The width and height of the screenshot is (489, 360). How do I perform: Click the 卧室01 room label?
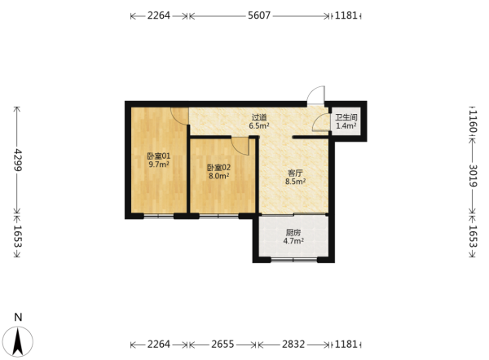(x=159, y=156)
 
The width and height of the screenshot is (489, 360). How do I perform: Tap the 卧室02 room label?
(x=219, y=168)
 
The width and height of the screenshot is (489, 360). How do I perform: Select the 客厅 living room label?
(x=295, y=173)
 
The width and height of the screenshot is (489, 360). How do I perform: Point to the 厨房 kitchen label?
(x=293, y=232)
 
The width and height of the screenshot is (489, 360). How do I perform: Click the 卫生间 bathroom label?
(x=346, y=118)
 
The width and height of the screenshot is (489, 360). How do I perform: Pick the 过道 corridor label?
(x=259, y=117)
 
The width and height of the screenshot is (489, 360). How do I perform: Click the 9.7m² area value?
(x=159, y=165)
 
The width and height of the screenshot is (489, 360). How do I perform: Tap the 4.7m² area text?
(x=293, y=240)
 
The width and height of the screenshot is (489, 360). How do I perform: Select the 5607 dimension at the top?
(x=259, y=15)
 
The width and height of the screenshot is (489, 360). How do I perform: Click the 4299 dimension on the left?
(x=17, y=160)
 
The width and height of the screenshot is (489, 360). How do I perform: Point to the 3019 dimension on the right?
(x=473, y=175)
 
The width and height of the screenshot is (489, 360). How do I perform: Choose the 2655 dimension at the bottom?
(x=222, y=344)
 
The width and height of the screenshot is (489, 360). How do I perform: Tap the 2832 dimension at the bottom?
(x=293, y=344)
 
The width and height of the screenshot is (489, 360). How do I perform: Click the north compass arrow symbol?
(x=19, y=341)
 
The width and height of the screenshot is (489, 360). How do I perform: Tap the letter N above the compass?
(x=19, y=318)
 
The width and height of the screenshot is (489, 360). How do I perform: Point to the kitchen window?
(x=294, y=259)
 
